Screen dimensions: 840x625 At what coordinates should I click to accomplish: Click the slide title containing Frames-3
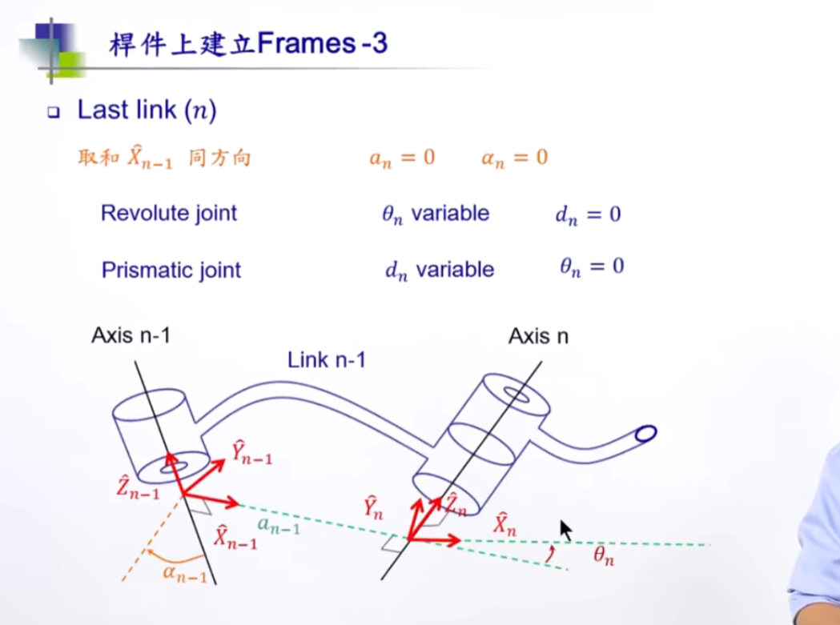click(248, 44)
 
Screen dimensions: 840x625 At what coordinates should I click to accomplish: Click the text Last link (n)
click(147, 110)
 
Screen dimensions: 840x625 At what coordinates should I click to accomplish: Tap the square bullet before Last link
click(54, 113)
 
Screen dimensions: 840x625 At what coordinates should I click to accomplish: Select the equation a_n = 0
click(402, 157)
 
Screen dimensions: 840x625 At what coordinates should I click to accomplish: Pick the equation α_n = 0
click(514, 157)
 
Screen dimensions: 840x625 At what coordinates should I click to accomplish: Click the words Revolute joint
click(169, 214)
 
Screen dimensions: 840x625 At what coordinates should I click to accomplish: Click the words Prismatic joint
click(171, 270)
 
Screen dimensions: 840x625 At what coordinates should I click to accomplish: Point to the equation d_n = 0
click(588, 214)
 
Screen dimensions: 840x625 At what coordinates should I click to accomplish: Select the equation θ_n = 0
click(592, 266)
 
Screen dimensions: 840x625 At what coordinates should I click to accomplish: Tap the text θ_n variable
click(436, 214)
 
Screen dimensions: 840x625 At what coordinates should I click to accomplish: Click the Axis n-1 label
click(131, 335)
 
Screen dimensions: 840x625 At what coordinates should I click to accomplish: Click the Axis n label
click(538, 337)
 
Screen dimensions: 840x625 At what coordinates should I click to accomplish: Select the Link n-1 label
click(326, 360)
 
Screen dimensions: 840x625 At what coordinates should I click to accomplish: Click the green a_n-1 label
click(279, 526)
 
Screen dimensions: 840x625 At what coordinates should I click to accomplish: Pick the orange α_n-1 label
click(185, 572)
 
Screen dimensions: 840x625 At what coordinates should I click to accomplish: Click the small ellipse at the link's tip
click(645, 434)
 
